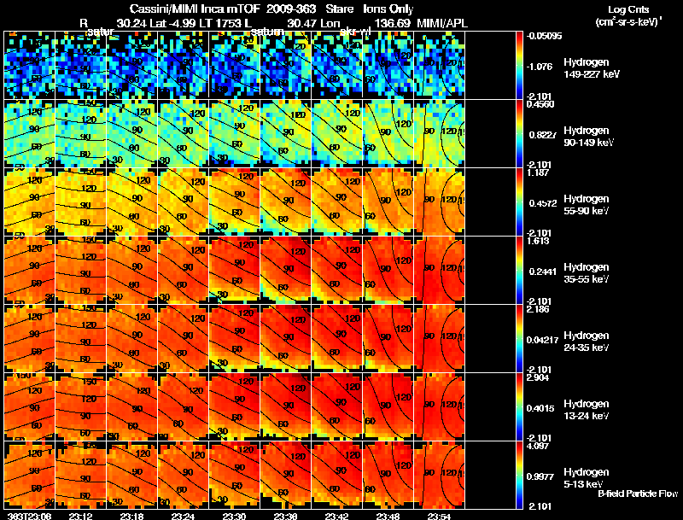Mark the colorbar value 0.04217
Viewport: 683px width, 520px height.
[543, 340]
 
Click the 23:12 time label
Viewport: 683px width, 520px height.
[80, 516]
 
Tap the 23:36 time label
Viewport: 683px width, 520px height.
[286, 516]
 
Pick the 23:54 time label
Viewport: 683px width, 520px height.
[439, 516]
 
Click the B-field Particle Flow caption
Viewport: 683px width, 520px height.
[636, 494]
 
